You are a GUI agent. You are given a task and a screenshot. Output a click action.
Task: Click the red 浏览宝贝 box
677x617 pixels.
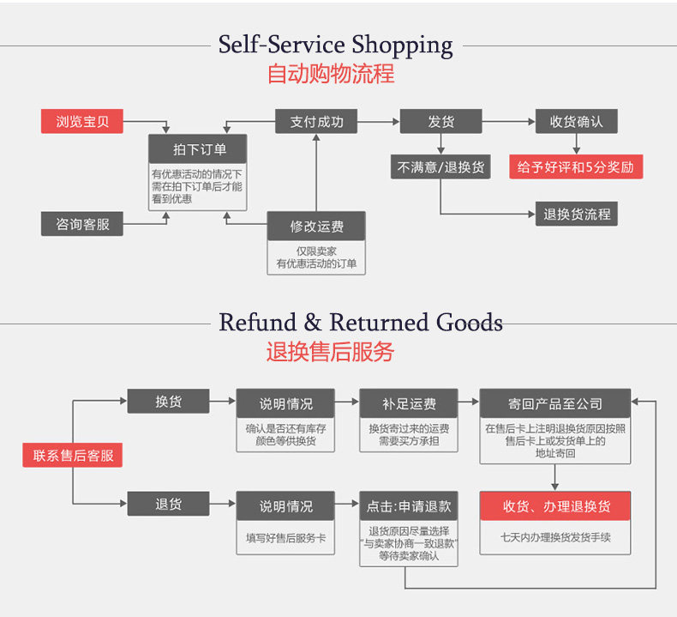[82, 122]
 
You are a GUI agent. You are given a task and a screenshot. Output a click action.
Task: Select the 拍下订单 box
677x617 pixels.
[198, 149]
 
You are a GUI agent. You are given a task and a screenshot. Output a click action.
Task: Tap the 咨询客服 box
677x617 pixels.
[82, 224]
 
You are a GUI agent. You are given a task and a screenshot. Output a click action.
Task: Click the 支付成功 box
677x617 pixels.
[315, 122]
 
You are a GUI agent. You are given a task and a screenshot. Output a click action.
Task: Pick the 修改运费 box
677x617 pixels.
[316, 227]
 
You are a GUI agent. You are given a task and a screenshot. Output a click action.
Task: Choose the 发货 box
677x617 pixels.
[440, 122]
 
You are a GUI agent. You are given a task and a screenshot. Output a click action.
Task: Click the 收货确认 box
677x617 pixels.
[576, 122]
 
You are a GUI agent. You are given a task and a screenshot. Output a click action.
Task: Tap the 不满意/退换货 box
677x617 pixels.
[440, 167]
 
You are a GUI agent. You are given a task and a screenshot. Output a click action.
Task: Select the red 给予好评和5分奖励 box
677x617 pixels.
[576, 167]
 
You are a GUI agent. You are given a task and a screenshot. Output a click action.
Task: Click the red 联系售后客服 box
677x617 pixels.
[73, 456]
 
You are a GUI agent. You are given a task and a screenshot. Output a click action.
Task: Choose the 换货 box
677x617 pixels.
[168, 402]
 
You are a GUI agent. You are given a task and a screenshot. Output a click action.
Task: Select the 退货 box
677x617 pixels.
[168, 505]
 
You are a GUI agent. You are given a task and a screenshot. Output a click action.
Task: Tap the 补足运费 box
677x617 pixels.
[409, 403]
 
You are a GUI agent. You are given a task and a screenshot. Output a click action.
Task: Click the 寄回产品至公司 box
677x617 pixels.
[554, 403]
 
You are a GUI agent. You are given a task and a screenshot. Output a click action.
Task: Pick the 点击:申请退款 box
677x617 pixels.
[409, 506]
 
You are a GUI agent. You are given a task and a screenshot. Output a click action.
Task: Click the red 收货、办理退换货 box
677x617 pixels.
[554, 506]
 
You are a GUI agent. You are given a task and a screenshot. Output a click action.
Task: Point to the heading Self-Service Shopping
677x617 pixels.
[335, 45]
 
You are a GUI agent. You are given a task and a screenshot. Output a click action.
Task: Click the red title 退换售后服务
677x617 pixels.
[330, 352]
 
